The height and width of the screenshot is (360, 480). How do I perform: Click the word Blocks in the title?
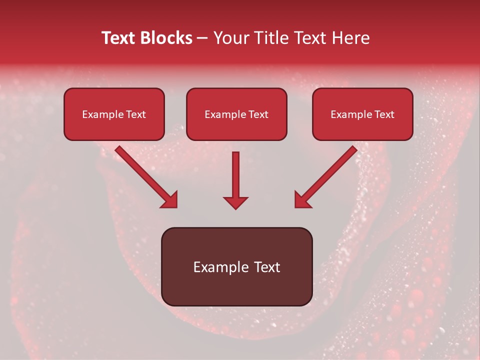[166, 38]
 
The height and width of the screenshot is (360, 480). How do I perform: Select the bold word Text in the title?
[119, 38]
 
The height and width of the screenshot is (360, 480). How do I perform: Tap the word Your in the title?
[230, 38]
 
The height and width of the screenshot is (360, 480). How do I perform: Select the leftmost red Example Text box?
[114, 114]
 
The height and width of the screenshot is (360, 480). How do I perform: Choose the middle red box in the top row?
[236, 114]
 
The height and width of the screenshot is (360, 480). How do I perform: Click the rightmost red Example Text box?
[362, 114]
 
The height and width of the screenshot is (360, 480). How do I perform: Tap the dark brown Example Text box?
[236, 266]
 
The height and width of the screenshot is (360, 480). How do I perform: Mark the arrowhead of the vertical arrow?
[235, 202]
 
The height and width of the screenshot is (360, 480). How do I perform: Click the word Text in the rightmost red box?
[383, 114]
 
